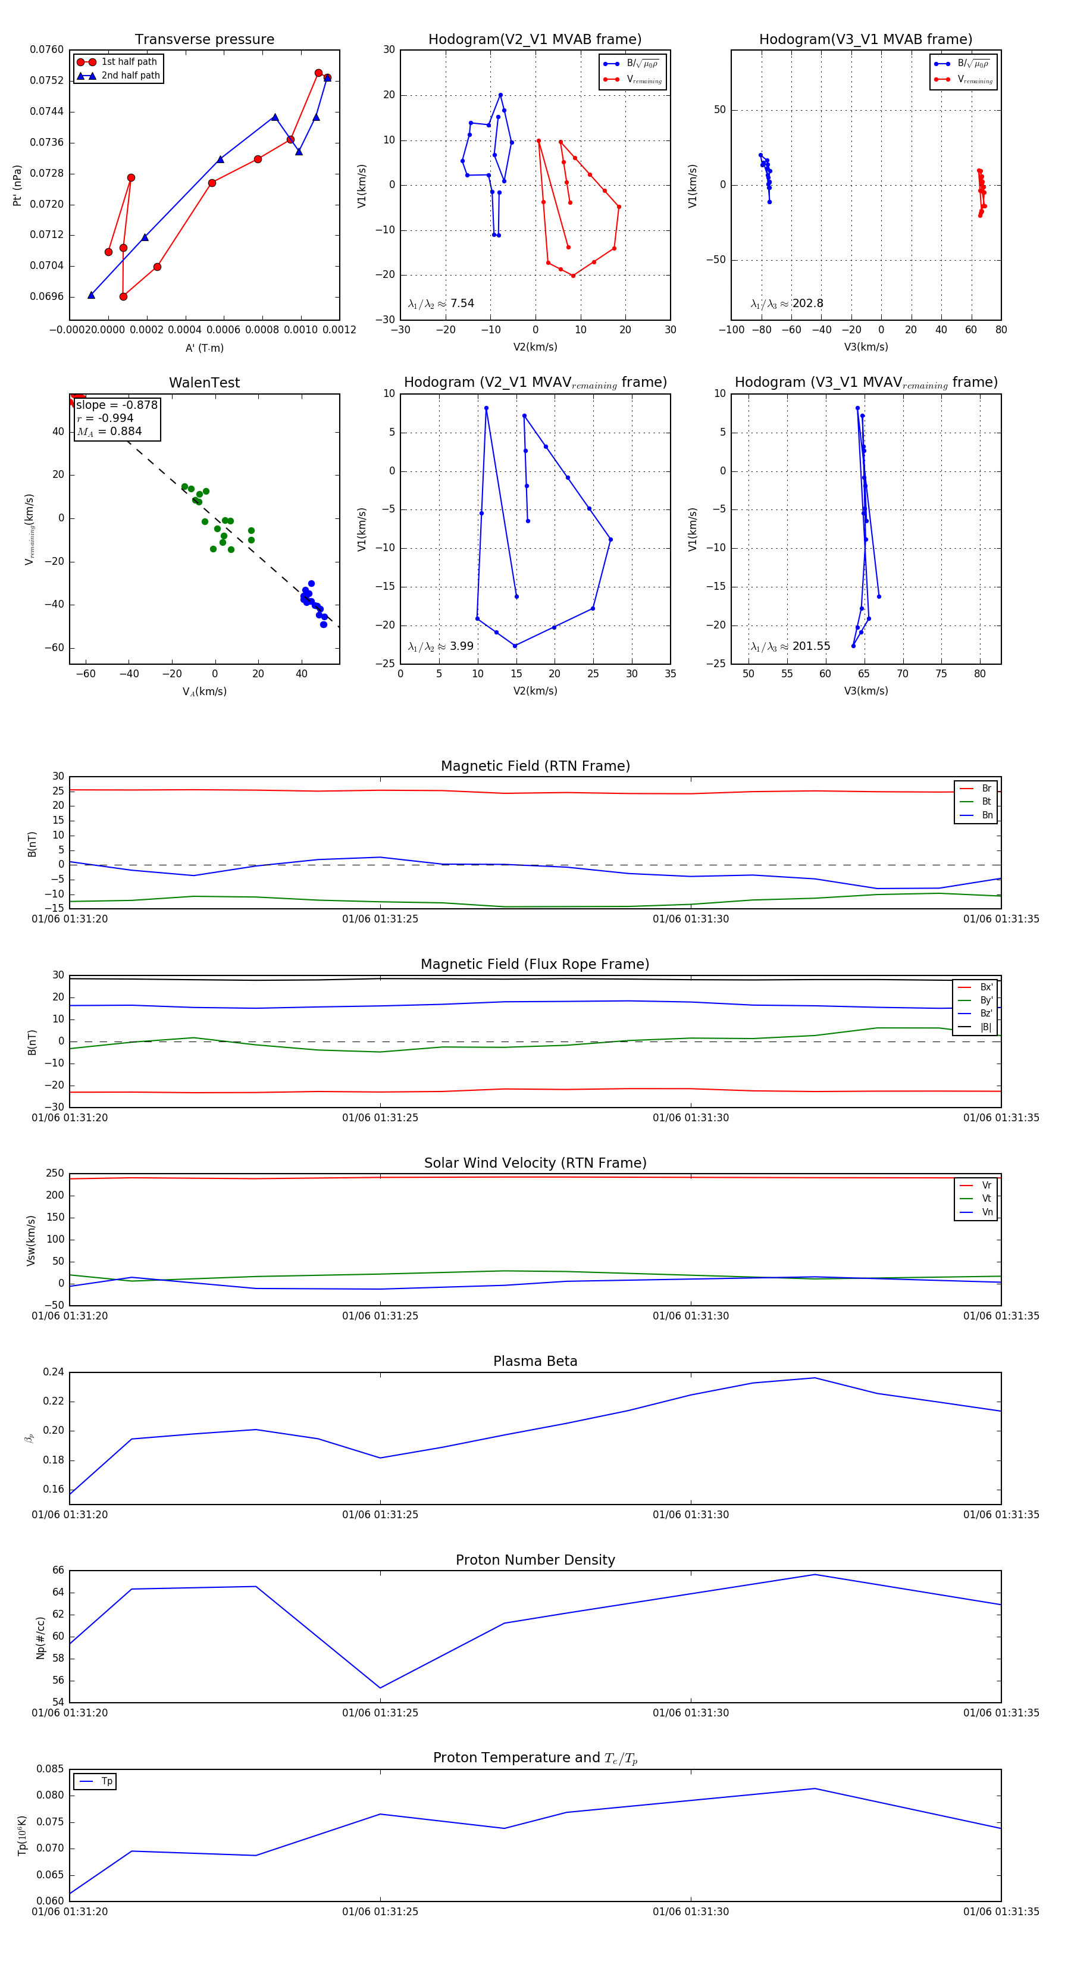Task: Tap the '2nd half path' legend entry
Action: click(130, 76)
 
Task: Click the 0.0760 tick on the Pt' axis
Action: click(46, 49)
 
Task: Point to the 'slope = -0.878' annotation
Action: click(117, 405)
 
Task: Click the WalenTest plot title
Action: click(204, 383)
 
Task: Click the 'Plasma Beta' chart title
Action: click(535, 1361)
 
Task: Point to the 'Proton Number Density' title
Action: click(535, 1559)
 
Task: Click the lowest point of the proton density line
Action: click(380, 1687)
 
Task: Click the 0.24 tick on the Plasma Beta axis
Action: click(54, 1372)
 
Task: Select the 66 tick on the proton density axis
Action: click(58, 1570)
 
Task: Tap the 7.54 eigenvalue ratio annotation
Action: click(462, 303)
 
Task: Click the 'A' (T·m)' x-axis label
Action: click(204, 348)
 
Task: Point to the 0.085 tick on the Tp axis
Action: click(51, 1768)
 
